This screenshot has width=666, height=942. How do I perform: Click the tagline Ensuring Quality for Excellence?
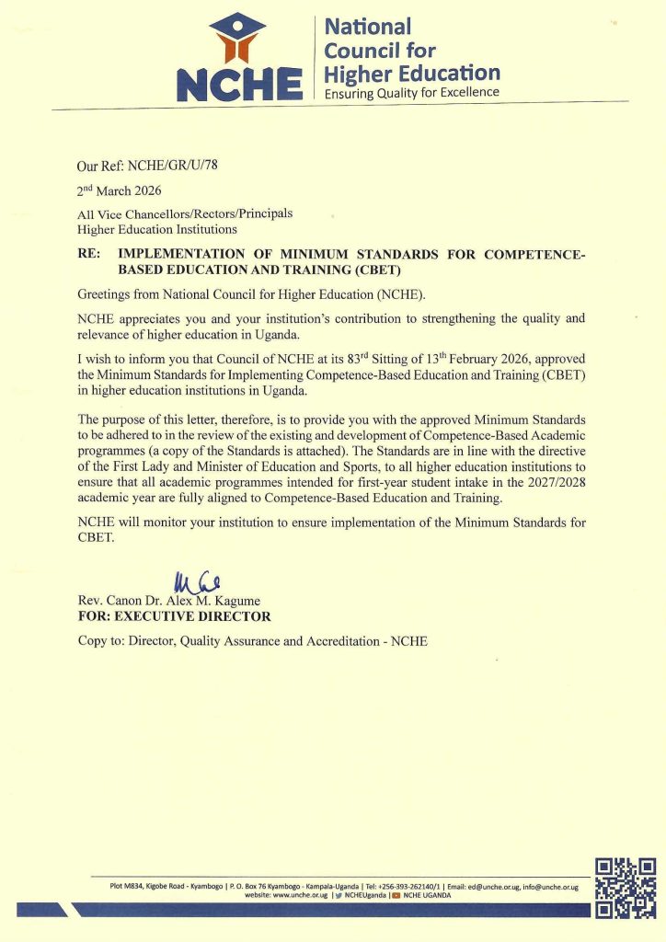412,92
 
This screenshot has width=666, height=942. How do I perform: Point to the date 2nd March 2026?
119,191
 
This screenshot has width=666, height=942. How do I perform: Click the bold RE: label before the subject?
92,254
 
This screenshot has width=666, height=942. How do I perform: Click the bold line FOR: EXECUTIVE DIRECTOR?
174,616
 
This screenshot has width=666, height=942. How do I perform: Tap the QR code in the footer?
626,888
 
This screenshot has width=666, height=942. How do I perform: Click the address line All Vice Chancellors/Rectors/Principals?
185,214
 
